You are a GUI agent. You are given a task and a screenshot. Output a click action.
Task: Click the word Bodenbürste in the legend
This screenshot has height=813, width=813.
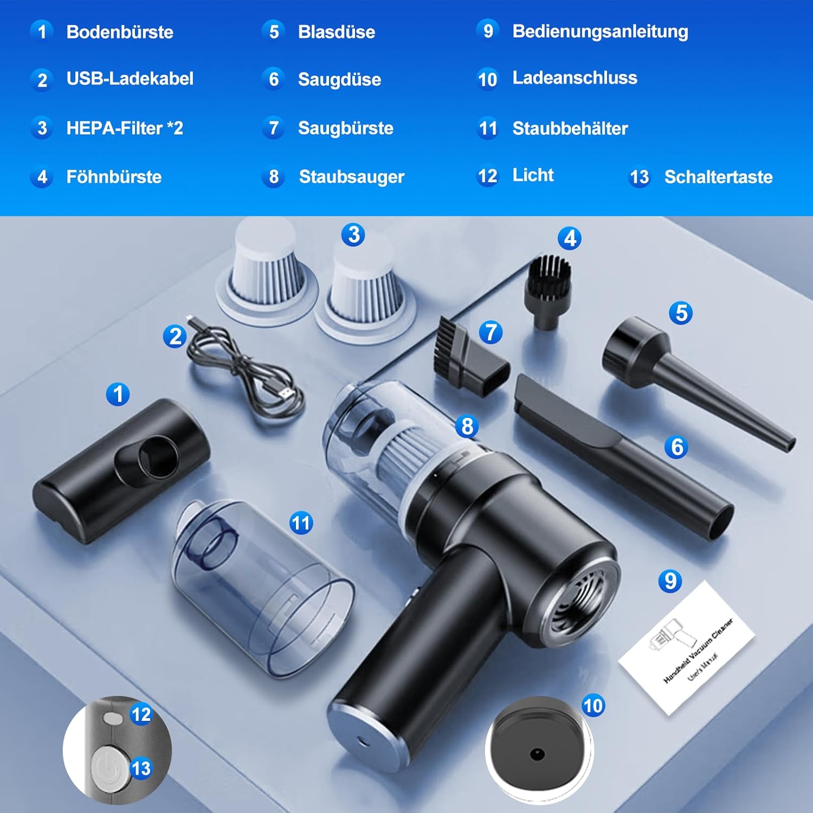(120, 32)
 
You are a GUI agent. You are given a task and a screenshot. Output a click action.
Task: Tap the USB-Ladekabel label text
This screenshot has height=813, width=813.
(130, 79)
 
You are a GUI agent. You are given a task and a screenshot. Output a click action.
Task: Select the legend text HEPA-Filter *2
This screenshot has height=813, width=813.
(125, 128)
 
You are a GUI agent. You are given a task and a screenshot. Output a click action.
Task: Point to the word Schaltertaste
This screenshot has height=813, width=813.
(718, 177)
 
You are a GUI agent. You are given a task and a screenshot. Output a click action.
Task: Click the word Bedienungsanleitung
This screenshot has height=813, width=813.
(600, 32)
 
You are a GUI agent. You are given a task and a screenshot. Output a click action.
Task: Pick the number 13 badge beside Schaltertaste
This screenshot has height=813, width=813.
(639, 177)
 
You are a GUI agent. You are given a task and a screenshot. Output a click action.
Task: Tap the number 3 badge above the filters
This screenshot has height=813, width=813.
(353, 235)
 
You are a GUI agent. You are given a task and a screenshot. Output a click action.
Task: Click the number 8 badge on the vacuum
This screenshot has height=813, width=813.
(467, 426)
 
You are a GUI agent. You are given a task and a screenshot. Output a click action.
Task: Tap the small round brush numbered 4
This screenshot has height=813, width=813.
(547, 293)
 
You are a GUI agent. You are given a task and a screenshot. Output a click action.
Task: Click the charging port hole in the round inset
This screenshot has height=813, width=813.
(537, 754)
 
